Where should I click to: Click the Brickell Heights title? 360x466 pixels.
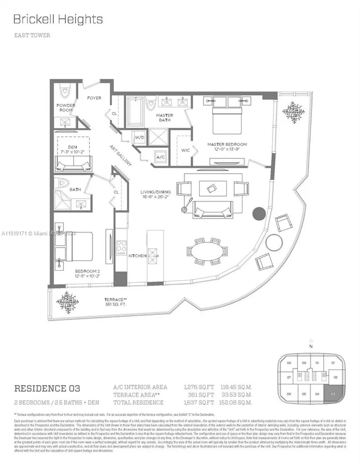[58, 19]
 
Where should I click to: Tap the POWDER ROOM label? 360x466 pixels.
[66, 108]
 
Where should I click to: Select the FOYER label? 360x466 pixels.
[94, 98]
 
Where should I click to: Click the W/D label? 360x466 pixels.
[139, 138]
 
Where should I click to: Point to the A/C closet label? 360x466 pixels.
[161, 156]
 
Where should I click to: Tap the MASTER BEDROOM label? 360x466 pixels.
[227, 144]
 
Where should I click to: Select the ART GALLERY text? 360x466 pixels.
[120, 155]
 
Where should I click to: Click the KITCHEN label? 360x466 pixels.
[137, 256]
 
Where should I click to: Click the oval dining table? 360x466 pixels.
[207, 251]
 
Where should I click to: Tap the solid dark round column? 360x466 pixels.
[259, 214]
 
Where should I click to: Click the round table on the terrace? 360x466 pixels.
[274, 242]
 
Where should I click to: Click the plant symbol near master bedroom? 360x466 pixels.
[293, 112]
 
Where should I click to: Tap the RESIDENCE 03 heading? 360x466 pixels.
[47, 388]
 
